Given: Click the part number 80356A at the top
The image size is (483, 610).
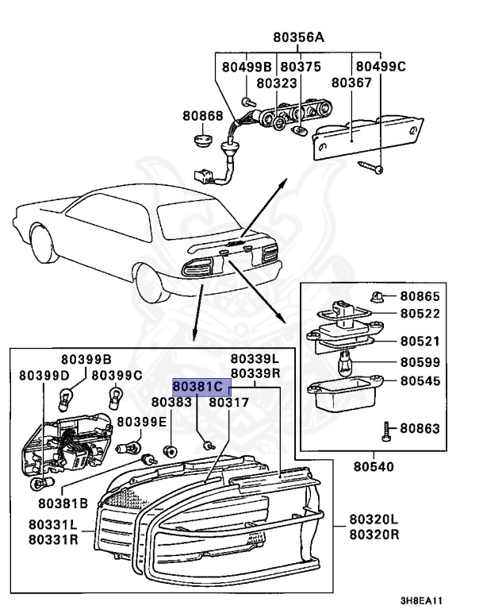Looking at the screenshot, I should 299,37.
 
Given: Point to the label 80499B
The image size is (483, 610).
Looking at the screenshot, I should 247,67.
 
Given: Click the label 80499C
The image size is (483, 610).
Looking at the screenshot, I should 380,67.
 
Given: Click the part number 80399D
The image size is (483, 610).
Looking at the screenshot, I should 37,374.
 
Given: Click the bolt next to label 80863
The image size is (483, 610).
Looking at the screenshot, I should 385,430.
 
